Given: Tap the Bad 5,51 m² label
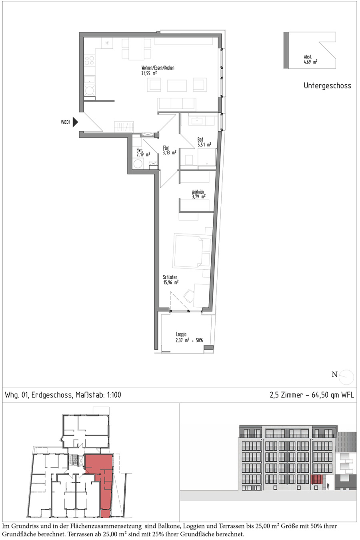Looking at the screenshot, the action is coord(204,142).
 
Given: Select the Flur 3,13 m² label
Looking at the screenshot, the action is coord(169,150).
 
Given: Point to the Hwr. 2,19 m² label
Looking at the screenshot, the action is coord(143,152).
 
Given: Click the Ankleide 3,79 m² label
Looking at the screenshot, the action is coord(199,194).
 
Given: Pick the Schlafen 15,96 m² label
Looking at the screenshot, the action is coord(171,280).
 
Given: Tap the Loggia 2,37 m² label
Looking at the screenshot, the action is coord(189,337).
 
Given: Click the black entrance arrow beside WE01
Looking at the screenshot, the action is coord(75,122).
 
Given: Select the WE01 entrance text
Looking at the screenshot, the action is coord(65,122).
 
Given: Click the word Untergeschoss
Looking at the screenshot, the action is coord(327,86).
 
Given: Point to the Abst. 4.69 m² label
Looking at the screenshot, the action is coord(310,59).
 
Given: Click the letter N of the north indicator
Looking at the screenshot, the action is coord(334,374).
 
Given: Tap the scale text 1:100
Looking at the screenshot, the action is coord(114,395).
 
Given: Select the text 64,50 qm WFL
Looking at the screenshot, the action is coord(333,395).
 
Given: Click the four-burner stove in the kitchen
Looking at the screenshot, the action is coord(90,60).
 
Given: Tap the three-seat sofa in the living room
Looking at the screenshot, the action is coord(176,104).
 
